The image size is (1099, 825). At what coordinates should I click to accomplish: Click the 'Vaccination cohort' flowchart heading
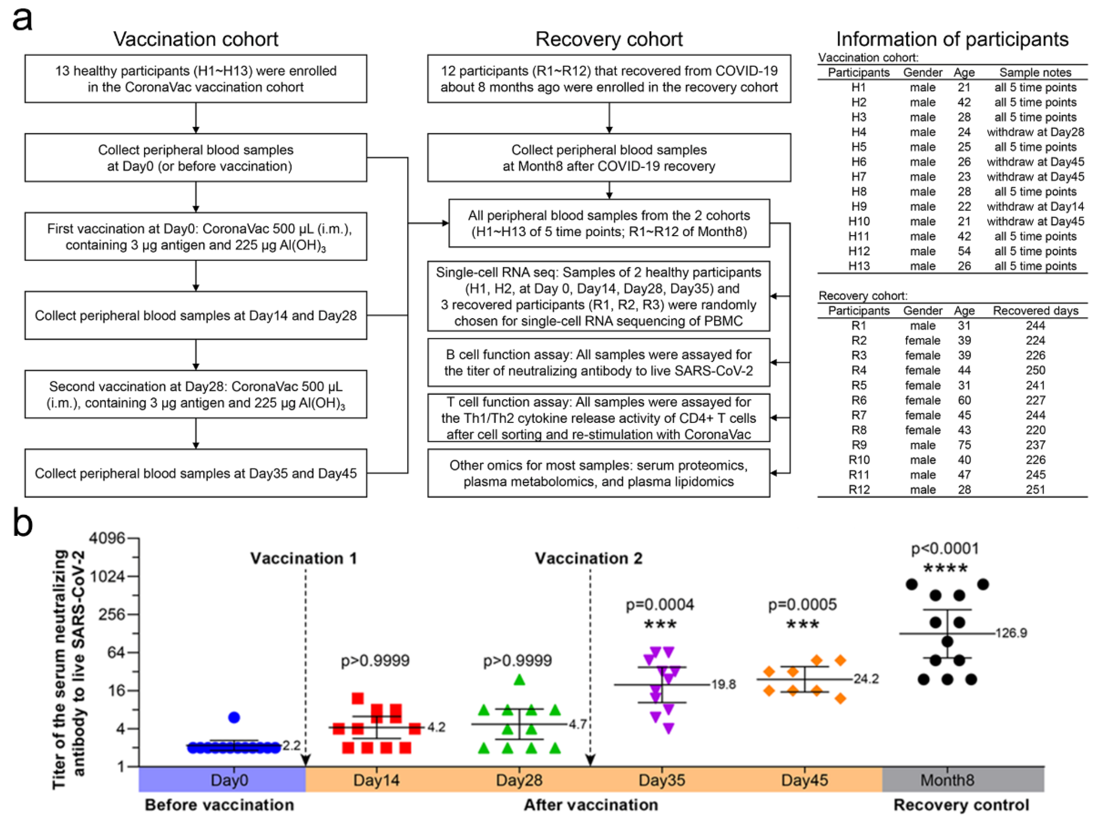(196, 39)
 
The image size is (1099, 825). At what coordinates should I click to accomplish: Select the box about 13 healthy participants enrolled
(196, 79)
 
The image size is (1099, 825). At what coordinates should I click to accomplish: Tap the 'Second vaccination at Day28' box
(196, 394)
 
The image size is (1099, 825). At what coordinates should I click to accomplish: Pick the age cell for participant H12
(964, 251)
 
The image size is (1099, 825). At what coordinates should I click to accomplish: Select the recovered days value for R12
(1035, 489)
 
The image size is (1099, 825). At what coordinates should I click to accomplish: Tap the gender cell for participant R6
(922, 400)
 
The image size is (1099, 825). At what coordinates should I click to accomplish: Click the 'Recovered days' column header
(1035, 310)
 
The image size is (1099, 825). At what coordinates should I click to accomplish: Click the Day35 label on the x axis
(662, 780)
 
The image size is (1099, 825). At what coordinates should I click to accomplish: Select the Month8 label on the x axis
(947, 780)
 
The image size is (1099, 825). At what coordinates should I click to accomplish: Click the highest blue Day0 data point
(234, 717)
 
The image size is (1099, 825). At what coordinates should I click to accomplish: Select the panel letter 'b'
(22, 523)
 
